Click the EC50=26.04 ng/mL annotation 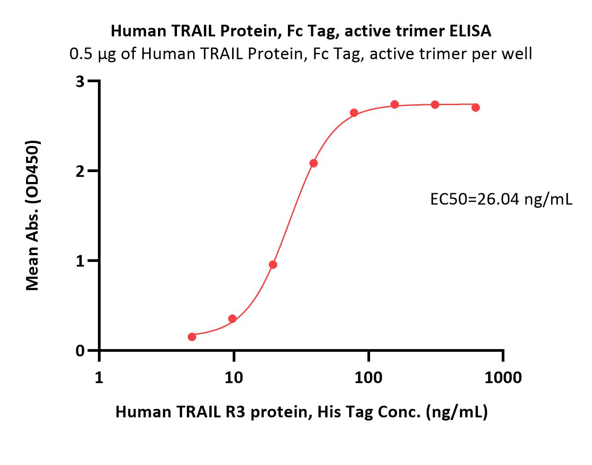point(501,199)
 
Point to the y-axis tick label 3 point(80,81)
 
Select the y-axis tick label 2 point(80,171)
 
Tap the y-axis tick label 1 point(80,261)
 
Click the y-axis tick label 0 point(80,351)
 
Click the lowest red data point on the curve point(192,337)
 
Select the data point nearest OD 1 point(273,265)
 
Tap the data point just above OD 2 point(314,163)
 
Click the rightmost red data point point(476,107)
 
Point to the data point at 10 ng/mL point(232,319)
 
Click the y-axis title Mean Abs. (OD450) point(32,216)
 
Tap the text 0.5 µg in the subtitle point(93,54)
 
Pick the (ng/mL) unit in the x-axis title point(457,412)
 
